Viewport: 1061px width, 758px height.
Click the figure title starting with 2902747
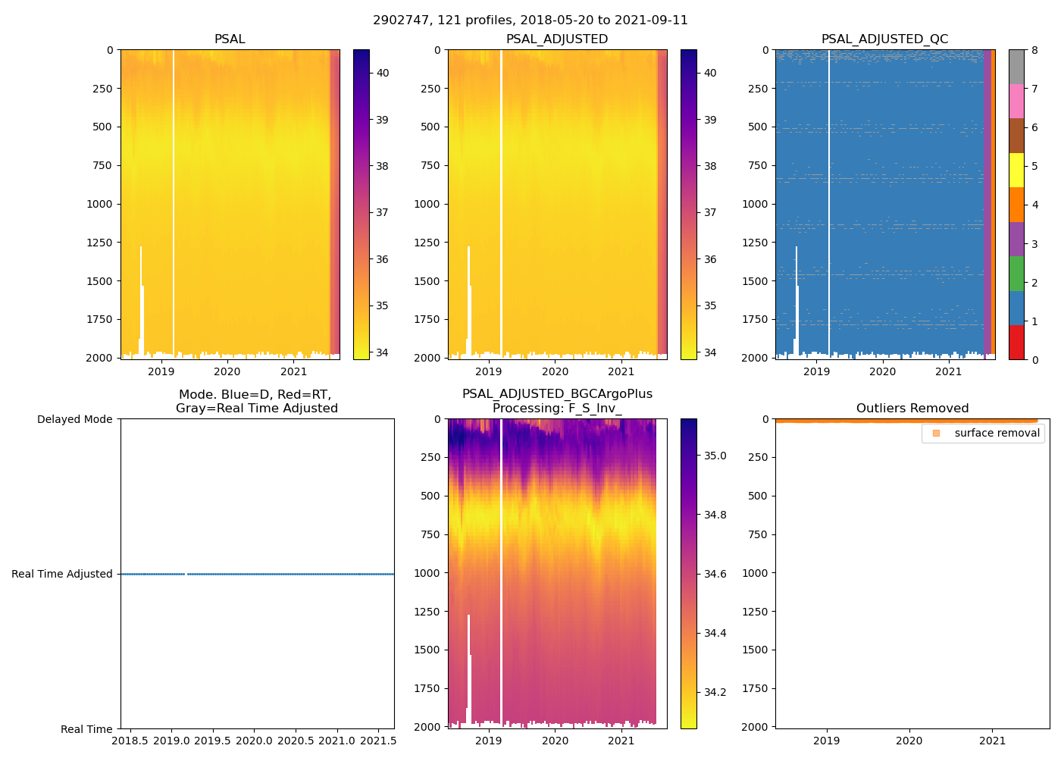(530, 20)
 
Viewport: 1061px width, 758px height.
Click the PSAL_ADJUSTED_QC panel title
(884, 39)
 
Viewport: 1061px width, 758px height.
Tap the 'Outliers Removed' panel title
(912, 409)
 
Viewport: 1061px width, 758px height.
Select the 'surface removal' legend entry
(997, 433)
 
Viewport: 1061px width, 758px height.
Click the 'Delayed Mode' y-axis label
(74, 419)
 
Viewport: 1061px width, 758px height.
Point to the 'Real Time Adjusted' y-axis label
(62, 574)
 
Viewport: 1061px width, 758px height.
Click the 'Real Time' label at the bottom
(86, 729)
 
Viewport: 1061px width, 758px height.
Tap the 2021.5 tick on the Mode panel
(377, 740)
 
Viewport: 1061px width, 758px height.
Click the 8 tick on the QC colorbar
(1035, 50)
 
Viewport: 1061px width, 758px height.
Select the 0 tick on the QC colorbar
(1035, 359)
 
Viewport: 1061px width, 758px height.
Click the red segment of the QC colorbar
(1016, 343)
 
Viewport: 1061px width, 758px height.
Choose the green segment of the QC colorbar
(1016, 274)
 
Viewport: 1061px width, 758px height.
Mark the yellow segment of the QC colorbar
(1016, 171)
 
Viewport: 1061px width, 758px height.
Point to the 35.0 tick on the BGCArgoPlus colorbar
(715, 456)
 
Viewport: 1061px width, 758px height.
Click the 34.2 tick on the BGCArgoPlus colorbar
(715, 692)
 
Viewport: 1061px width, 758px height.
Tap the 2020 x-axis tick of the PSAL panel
(227, 371)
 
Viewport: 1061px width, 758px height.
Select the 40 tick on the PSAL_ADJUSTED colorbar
(710, 73)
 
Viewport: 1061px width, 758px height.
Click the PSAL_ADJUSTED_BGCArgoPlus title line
(557, 394)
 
